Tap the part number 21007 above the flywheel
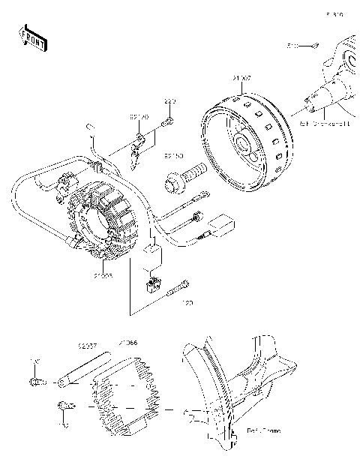tap(241, 76)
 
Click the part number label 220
tap(169, 100)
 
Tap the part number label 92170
tap(139, 118)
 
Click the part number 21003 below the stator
tap(103, 277)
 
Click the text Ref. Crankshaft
tap(323, 121)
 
